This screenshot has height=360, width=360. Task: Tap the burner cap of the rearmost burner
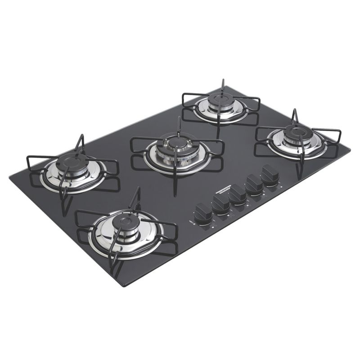click(x=220, y=99)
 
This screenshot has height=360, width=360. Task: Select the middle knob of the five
click(x=238, y=194)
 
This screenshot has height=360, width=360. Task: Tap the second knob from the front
click(x=221, y=203)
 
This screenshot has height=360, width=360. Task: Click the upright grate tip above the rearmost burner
click(x=222, y=81)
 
